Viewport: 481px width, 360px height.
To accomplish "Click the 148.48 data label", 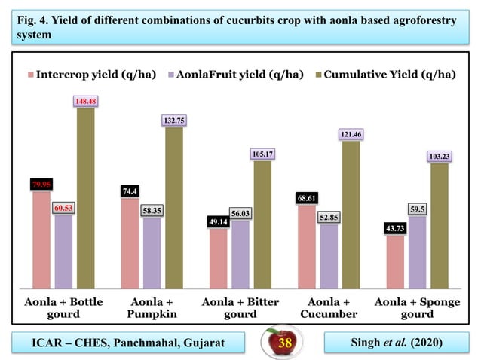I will pyautogui.click(x=85, y=101).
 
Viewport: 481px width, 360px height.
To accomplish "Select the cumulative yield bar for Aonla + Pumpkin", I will pyautogui.click(x=174, y=207).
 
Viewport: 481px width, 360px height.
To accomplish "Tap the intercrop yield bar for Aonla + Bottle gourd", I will pyautogui.click(x=41, y=239).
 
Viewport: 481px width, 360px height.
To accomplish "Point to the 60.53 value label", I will pyautogui.click(x=63, y=207).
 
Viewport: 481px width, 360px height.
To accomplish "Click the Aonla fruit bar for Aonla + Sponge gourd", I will pyautogui.click(x=417, y=252).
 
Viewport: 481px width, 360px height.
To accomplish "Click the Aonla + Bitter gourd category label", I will pyautogui.click(x=240, y=307).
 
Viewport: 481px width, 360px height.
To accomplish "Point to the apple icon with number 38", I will pyautogui.click(x=283, y=343).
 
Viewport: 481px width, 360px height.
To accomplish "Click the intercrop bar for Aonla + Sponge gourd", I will pyautogui.click(x=395, y=262).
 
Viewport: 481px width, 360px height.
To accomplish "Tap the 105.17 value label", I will pyautogui.click(x=262, y=154).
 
